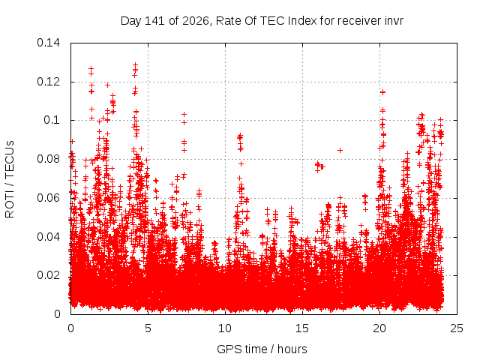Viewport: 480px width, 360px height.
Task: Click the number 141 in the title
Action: click(x=155, y=21)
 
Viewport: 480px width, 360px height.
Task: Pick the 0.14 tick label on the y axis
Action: click(x=48, y=43)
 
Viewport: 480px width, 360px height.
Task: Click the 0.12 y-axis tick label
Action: click(x=48, y=82)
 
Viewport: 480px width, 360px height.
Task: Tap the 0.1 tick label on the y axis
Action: click(x=52, y=120)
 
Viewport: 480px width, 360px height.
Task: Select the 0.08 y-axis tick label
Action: click(x=48, y=159)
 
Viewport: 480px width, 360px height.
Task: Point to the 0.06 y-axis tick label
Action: click(x=48, y=198)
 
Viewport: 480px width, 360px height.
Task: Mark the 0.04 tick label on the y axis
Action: click(x=48, y=237)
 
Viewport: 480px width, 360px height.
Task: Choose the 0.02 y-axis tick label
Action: click(x=48, y=275)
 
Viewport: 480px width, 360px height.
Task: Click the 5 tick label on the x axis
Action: click(x=148, y=328)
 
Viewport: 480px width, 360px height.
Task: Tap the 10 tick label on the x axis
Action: click(x=225, y=328)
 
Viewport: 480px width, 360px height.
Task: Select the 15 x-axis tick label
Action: click(x=302, y=328)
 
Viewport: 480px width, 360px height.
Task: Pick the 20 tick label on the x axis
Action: click(x=379, y=328)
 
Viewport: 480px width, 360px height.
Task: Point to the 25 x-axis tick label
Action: click(x=457, y=328)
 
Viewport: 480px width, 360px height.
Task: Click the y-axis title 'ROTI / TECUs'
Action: click(x=10, y=179)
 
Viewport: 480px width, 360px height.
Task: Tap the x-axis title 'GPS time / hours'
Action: click(x=262, y=349)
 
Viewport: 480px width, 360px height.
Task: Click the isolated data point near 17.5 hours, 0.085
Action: click(x=340, y=150)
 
